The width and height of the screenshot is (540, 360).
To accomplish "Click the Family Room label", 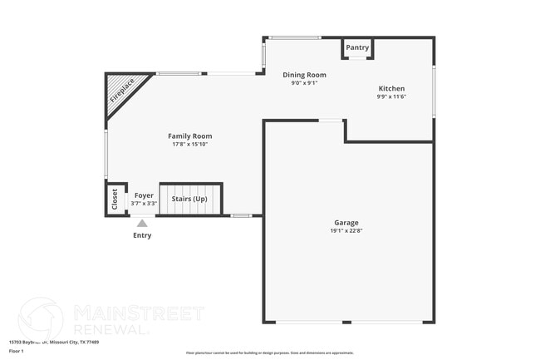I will tap(190, 136).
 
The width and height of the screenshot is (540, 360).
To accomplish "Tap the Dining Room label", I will tap(304, 75).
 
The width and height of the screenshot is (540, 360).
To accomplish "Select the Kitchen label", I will tap(391, 89).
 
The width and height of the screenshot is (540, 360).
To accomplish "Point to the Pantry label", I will tap(357, 48).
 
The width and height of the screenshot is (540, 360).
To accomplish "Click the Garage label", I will tap(346, 223).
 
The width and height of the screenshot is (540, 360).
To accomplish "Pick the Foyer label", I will tap(144, 195).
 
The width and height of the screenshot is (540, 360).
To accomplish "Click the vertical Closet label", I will tap(115, 200).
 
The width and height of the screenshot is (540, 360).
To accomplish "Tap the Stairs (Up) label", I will tap(189, 199).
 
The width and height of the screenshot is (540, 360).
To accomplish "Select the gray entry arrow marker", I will tap(142, 223).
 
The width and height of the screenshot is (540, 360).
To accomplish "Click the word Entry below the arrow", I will tap(142, 235).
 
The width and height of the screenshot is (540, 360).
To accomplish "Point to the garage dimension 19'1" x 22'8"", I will tap(346, 230).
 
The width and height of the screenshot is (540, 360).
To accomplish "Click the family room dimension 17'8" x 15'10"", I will tap(190, 145).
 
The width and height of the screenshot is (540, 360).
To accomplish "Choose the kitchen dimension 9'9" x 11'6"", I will tap(391, 96).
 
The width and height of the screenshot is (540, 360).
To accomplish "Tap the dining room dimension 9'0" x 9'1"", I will tap(304, 82).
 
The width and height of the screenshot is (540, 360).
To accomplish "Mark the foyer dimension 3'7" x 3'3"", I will tap(144, 204).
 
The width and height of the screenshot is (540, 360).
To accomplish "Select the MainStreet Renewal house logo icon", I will tap(40, 317).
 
